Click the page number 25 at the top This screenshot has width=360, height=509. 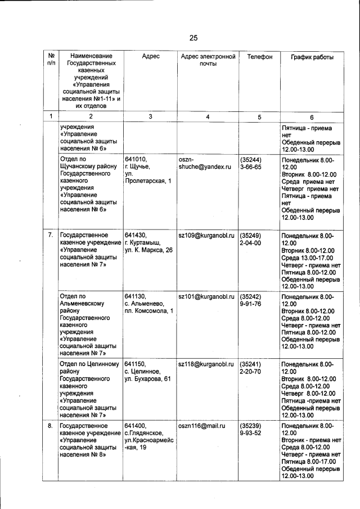[x=193, y=38]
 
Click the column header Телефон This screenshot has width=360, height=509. [x=259, y=57]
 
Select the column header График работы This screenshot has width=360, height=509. [x=312, y=57]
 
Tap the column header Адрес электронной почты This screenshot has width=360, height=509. [x=208, y=60]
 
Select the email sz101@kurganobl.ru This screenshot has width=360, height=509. [x=206, y=296]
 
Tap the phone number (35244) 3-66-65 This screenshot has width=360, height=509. [x=251, y=163]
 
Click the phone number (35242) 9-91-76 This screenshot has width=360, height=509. [x=251, y=300]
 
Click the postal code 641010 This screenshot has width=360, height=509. [x=136, y=159]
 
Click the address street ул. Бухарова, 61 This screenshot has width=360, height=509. [x=147, y=380]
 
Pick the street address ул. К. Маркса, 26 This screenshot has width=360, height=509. [x=148, y=250]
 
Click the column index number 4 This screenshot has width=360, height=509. [x=208, y=116]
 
